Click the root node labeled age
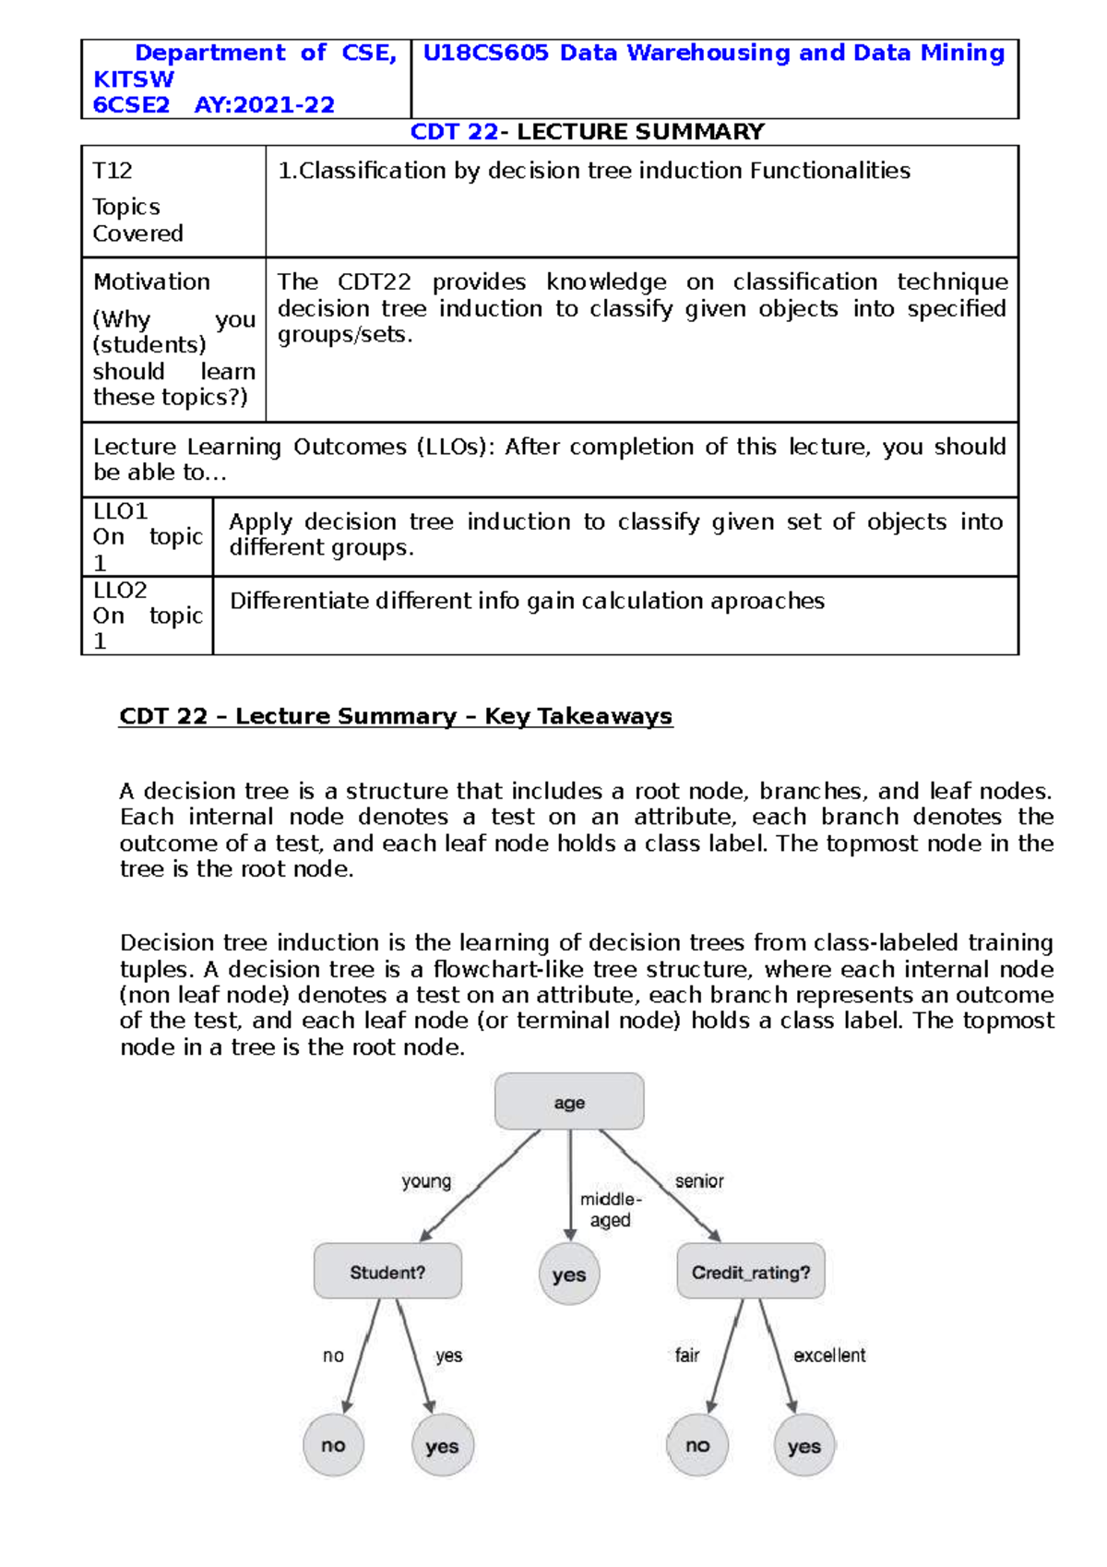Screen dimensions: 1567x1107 point(569,1101)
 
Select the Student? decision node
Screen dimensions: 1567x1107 point(387,1272)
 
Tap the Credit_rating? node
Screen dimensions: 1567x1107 point(751,1272)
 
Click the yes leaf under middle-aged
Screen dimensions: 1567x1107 point(569,1274)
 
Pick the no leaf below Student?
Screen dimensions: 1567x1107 point(333,1445)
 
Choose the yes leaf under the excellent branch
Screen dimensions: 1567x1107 point(804,1446)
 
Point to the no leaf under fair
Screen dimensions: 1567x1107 point(697,1445)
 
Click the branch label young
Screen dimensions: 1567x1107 point(426,1181)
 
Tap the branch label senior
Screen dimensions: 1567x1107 point(699,1181)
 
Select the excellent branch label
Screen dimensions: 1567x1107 point(829,1355)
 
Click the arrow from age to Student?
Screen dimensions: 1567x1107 point(480,1186)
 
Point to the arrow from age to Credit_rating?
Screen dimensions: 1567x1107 point(660,1186)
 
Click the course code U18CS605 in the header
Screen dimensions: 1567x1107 point(486,54)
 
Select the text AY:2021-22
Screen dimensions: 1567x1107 point(264,105)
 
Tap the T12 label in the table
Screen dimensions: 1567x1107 point(113,171)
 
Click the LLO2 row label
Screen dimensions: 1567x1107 point(120,590)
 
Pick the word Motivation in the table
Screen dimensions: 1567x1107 point(151,281)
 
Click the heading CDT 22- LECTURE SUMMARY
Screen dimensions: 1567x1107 point(587,132)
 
